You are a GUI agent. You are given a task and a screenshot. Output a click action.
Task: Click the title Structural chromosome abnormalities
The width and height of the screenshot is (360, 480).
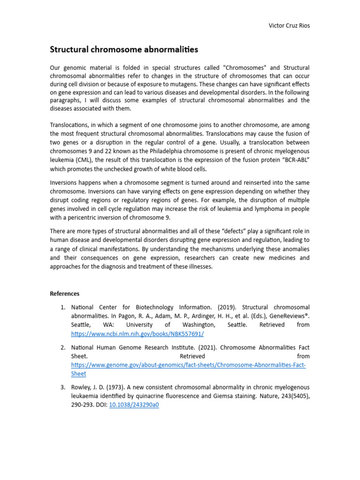[124, 49]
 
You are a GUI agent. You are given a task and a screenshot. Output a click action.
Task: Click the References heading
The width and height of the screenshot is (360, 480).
[65, 294]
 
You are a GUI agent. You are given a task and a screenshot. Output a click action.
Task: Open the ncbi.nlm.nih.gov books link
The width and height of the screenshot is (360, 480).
[137, 334]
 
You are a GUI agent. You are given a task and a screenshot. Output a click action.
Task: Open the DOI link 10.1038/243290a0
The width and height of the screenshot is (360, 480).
[134, 405]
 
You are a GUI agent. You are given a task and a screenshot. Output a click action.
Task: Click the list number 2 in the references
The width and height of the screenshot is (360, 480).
[62, 347]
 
